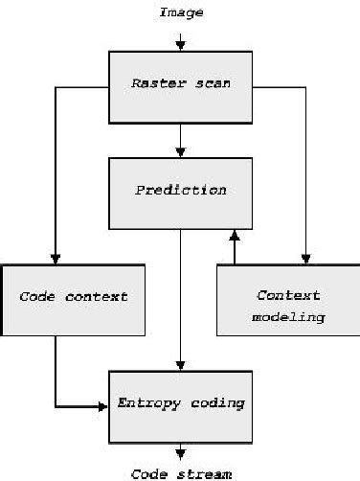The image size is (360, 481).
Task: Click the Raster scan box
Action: (180, 86)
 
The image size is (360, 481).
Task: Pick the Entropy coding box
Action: (180, 405)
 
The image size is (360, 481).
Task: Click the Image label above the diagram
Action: (180, 12)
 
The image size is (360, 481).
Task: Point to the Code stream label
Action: (180, 472)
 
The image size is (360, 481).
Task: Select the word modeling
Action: (288, 316)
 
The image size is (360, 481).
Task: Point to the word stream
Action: (204, 472)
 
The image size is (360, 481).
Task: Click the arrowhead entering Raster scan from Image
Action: (180, 44)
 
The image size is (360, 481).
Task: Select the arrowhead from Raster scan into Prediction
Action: (180, 151)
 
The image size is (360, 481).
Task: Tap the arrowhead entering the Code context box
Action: (56, 257)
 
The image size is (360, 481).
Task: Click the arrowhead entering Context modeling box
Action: (305, 257)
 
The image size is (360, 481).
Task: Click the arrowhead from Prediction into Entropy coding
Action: (180, 365)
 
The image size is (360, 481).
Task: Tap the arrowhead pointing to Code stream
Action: (180, 458)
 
